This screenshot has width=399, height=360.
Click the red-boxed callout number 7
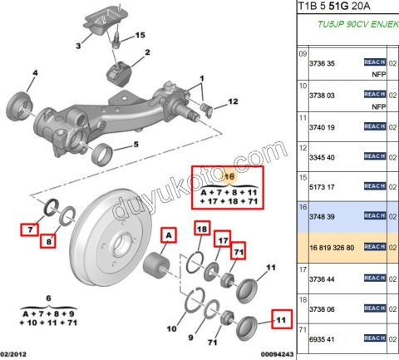point(30,229)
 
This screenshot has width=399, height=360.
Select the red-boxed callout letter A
point(169,235)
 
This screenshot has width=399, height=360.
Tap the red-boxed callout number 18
point(202,229)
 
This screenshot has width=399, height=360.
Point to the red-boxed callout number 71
point(239,252)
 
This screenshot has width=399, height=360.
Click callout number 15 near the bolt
point(140,35)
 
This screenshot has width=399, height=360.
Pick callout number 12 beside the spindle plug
point(233,101)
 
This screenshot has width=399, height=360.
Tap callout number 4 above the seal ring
point(35,73)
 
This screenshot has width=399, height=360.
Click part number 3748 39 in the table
point(322,217)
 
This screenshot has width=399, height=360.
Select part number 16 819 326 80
point(332,248)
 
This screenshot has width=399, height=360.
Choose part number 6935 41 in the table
point(322,339)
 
